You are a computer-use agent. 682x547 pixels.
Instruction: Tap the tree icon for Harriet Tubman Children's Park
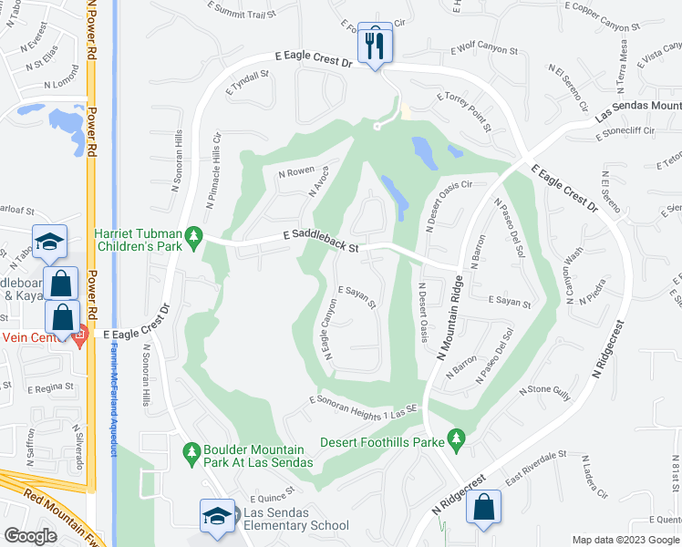(193, 238)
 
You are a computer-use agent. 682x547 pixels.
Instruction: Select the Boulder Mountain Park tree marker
(192, 452)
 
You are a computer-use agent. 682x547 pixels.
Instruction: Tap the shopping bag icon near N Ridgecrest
(484, 507)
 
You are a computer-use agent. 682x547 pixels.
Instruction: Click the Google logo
(31, 535)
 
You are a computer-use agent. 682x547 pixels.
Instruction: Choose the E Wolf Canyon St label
(487, 45)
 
